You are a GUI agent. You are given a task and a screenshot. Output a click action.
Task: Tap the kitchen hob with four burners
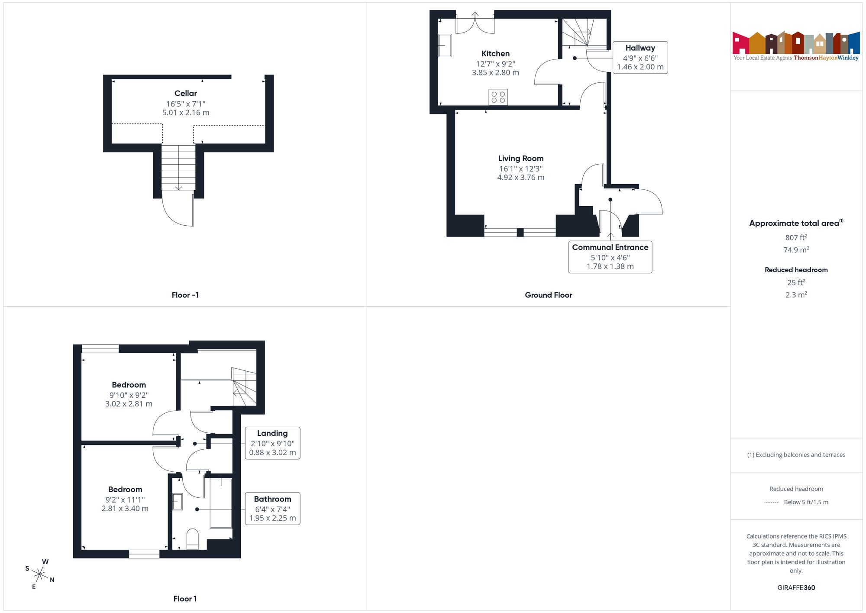click(x=498, y=97)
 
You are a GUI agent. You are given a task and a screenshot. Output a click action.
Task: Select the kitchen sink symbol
click(x=445, y=45)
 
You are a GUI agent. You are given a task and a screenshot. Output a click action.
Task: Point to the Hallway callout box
click(x=640, y=58)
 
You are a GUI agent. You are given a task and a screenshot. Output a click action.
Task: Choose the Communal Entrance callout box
click(x=610, y=257)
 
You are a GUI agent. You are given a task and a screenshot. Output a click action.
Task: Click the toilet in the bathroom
click(x=192, y=539)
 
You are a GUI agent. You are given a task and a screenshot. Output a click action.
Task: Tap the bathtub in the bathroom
click(x=221, y=503)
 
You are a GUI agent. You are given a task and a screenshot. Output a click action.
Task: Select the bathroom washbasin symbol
click(x=178, y=502)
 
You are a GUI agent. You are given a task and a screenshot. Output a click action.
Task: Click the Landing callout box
click(x=272, y=443)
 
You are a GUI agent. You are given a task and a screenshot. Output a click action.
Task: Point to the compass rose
click(x=40, y=574)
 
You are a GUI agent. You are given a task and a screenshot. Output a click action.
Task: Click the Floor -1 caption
click(x=185, y=295)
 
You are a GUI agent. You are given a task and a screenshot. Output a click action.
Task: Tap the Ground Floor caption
click(x=549, y=295)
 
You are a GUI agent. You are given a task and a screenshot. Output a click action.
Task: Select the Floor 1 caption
click(x=185, y=599)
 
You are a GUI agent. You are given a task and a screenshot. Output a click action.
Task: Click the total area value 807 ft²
click(x=796, y=237)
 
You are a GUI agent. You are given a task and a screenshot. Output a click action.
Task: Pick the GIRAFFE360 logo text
click(x=796, y=588)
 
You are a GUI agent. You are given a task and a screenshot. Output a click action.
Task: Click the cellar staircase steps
click(x=178, y=168)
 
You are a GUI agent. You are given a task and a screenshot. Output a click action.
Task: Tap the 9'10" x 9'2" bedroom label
click(x=129, y=394)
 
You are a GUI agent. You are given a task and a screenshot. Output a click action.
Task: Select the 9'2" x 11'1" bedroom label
click(x=125, y=499)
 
